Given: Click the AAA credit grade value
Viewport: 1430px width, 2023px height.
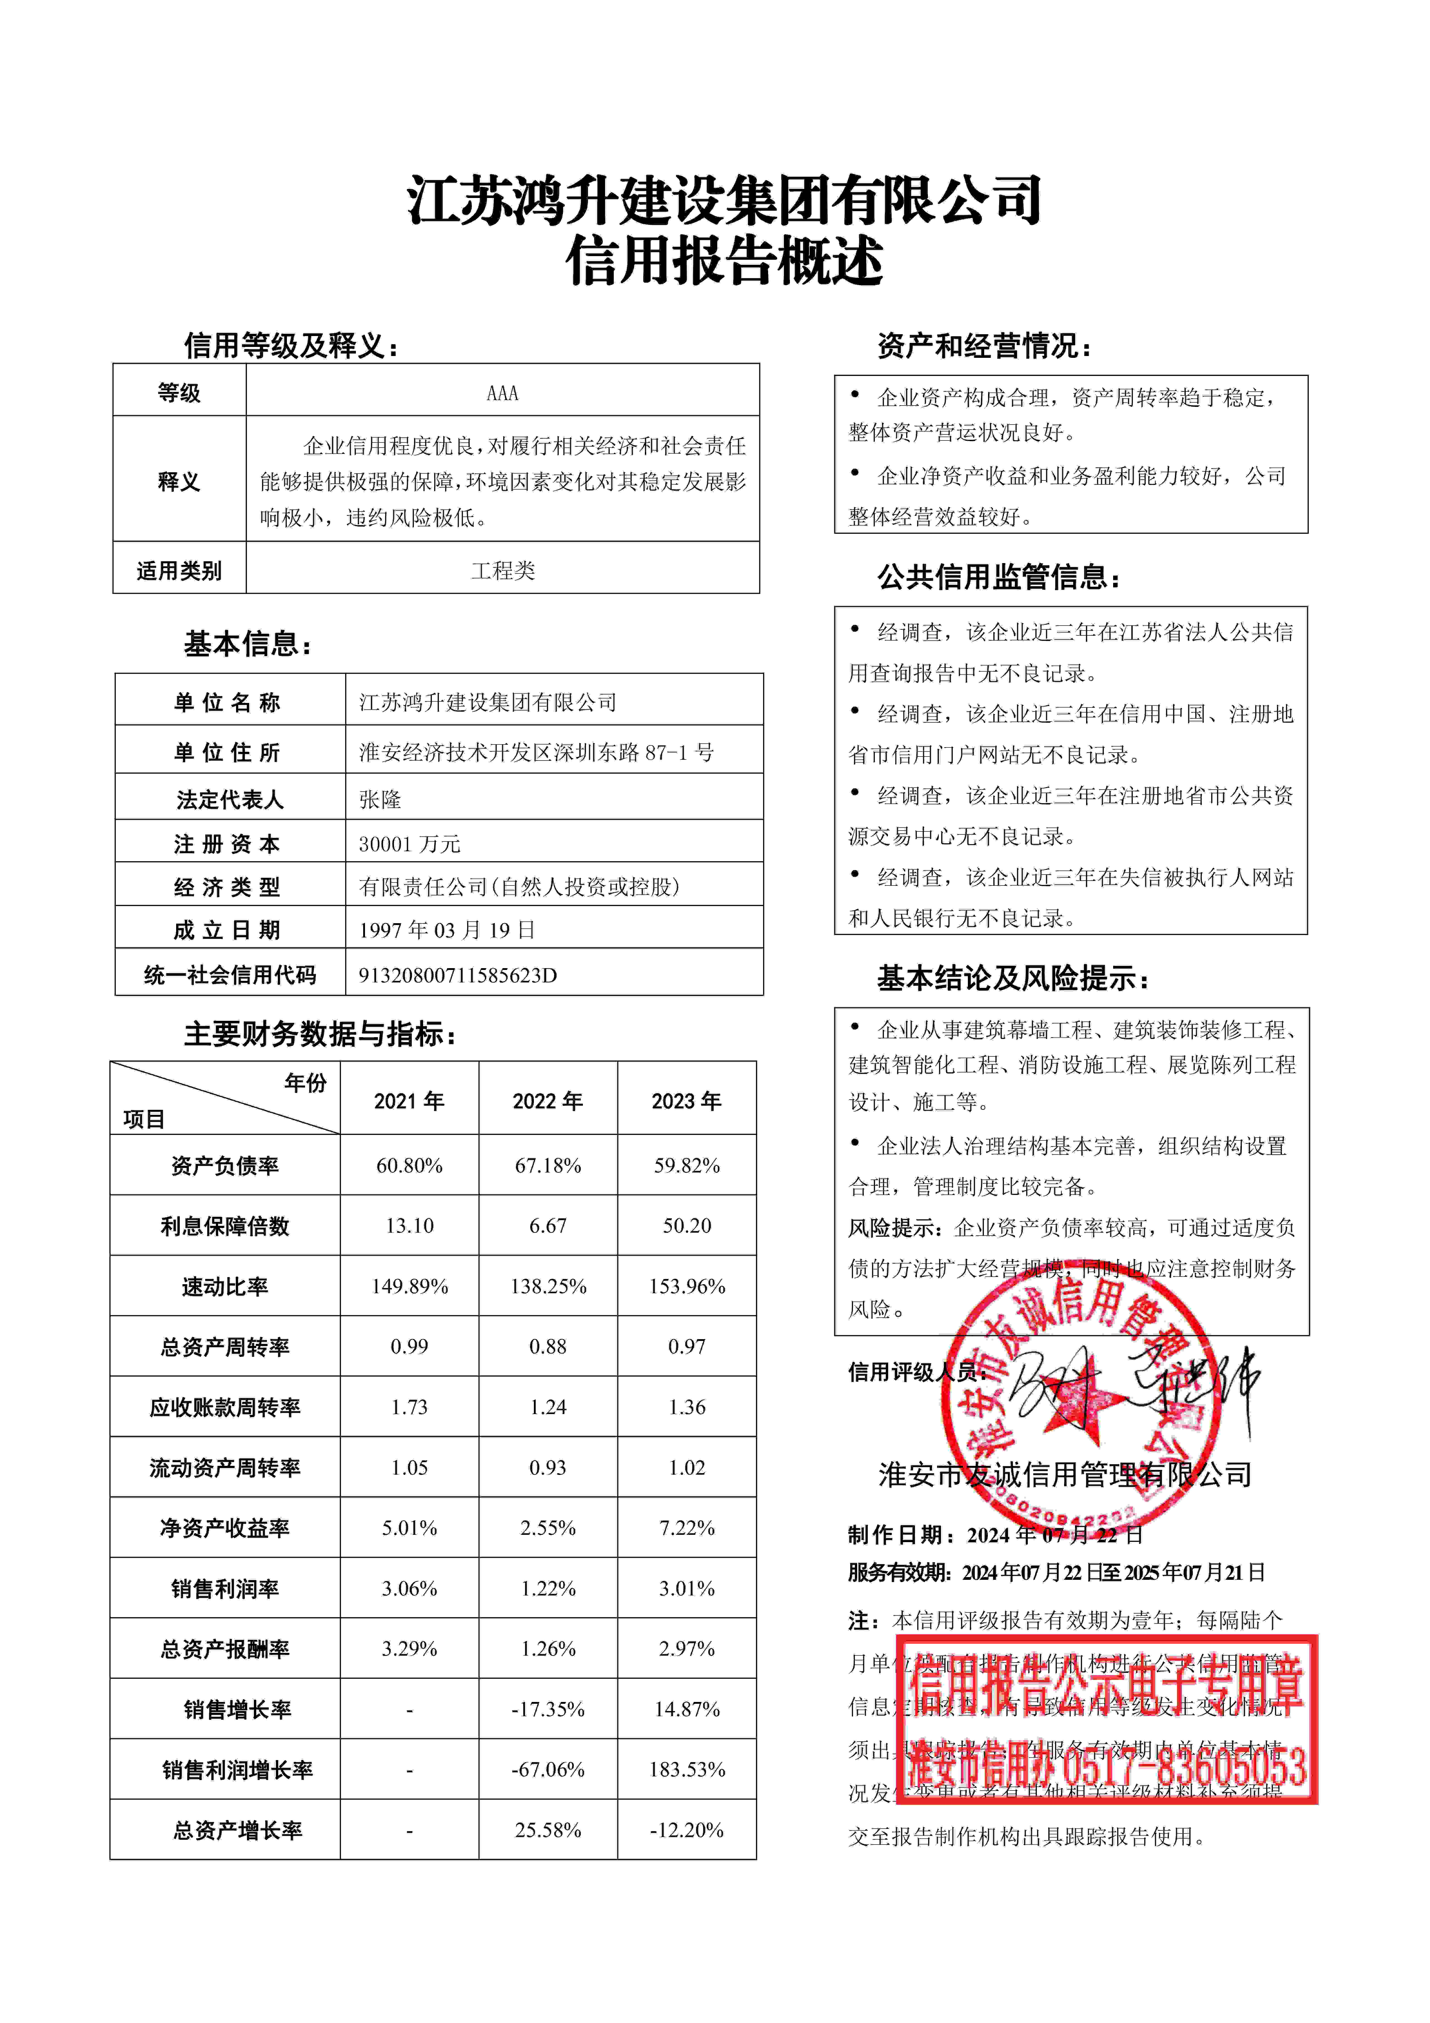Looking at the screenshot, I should point(502,393).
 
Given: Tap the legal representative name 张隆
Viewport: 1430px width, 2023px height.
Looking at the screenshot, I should point(380,799).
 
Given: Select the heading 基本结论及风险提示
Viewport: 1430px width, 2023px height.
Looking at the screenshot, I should point(1012,978).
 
